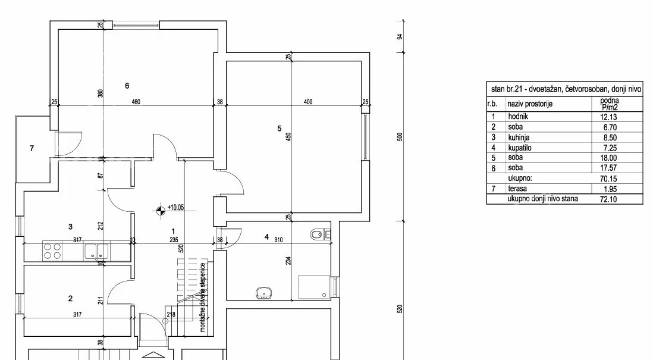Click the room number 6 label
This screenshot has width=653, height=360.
127,86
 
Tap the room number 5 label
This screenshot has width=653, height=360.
280,129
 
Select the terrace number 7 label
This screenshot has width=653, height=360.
32,148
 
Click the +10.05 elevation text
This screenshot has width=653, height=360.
176,207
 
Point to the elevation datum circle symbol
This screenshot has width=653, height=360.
161,211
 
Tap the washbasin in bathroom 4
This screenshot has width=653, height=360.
263,293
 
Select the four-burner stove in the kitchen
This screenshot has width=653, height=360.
52,251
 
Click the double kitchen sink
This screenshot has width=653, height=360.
96,252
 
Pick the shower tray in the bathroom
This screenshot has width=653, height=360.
314,287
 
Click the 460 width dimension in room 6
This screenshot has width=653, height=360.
136,102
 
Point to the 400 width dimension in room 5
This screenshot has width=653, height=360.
307,102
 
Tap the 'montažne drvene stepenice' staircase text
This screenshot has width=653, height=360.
203,297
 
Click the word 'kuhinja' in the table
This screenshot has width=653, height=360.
519,137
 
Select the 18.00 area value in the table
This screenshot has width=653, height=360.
608,158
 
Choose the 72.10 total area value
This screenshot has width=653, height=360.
608,199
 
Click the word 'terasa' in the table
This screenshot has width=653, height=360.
517,189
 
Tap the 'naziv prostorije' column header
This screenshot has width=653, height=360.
530,104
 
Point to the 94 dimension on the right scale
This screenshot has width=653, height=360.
400,37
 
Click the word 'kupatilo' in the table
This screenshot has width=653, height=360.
520,148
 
